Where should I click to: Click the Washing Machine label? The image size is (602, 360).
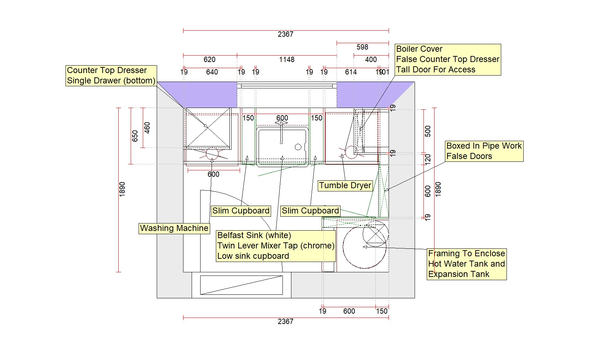coord(174,228)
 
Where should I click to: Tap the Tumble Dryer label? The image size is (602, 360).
coord(345,185)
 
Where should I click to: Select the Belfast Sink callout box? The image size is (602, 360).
coord(276,246)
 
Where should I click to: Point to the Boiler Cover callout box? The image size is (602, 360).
coord(448,60)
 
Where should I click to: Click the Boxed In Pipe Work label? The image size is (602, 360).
coord(484,151)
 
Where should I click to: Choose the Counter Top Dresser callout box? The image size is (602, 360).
coord(111,76)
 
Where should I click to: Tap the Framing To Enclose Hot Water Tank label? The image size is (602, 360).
coord(467,264)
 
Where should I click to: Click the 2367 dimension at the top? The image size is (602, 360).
coord(285,35)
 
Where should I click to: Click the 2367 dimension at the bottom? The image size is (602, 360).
coord(285,322)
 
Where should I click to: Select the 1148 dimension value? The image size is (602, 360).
coord(287,60)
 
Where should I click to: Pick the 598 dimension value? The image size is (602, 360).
coord(362,47)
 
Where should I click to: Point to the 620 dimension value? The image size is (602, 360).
coord(209,60)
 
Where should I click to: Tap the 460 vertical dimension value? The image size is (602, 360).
coord(147,128)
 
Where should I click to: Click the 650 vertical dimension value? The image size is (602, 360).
coord(135,136)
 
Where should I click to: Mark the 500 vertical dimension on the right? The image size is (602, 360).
coord(428,131)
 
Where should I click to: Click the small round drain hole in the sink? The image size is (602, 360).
coord(298,147)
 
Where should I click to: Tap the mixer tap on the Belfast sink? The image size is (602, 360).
coord(281,132)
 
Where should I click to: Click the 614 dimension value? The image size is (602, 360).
coord(351,72)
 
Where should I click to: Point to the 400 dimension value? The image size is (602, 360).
coord(371,60)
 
